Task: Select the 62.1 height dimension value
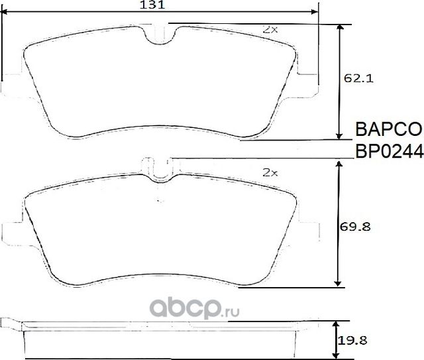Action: [x=358, y=78]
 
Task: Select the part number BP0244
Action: [x=389, y=151]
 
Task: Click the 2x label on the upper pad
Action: [x=270, y=30]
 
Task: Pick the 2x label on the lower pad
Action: [x=270, y=172]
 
